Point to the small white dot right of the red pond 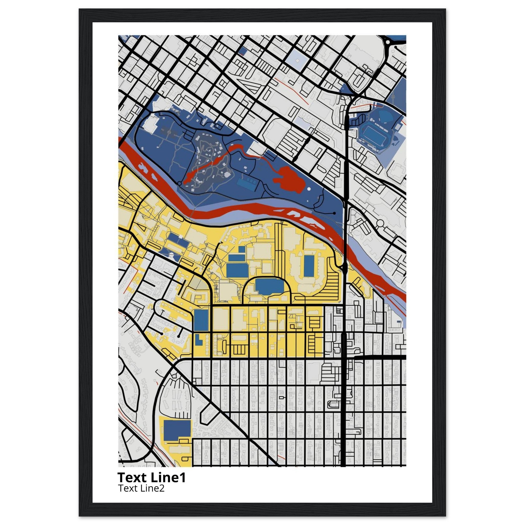pyautogui.click(x=309, y=188)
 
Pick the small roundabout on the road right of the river pyautogui.click(x=380, y=223)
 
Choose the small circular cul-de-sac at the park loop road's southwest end pyautogui.click(x=179, y=184)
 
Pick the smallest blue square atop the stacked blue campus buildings pyautogui.click(x=241, y=249)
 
